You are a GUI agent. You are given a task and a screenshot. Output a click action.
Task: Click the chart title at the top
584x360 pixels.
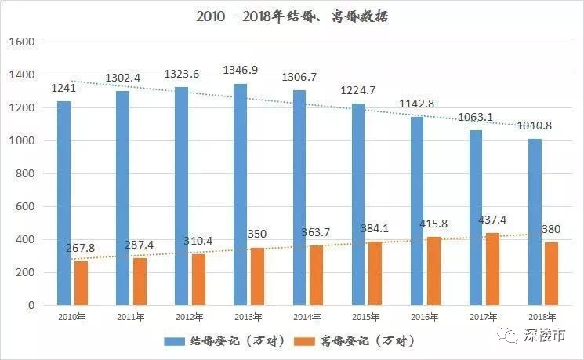coord(292,16)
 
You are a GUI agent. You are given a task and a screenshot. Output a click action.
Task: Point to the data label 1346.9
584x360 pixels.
coord(241,71)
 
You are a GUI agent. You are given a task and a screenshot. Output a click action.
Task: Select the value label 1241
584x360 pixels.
coord(64,89)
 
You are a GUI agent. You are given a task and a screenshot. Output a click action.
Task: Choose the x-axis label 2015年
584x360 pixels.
coord(366,317)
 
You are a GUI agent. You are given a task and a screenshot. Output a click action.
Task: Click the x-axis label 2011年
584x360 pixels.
coord(132,317)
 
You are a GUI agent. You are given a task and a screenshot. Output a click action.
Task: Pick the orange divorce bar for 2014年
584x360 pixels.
coord(316,275)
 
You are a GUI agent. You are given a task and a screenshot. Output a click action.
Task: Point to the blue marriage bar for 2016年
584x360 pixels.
coord(417,211)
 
